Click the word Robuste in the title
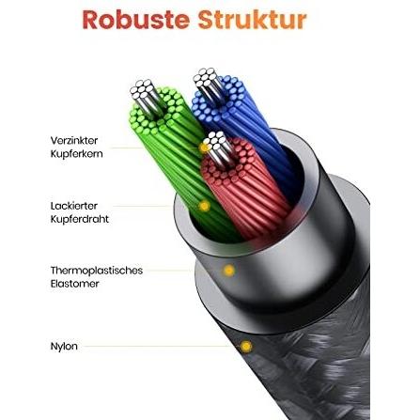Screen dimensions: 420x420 (136, 20)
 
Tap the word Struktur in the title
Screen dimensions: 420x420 (252, 20)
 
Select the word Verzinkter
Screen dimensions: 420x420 (74, 140)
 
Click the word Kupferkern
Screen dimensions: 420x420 (76, 154)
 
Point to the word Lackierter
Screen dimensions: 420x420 (74, 206)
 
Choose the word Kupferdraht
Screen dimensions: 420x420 (80, 219)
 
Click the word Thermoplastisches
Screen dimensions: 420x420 (97, 271)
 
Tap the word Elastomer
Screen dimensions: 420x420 (74, 284)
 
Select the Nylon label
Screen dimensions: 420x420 (64, 347)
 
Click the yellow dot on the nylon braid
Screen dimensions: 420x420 (246, 347)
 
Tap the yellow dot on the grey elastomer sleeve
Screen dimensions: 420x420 (229, 271)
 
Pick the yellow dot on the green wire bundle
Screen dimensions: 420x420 (204, 206)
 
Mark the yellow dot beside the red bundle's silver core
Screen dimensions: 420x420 (204, 148)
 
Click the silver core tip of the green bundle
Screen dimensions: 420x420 (143, 89)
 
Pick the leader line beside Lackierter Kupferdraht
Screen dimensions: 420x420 (142, 206)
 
